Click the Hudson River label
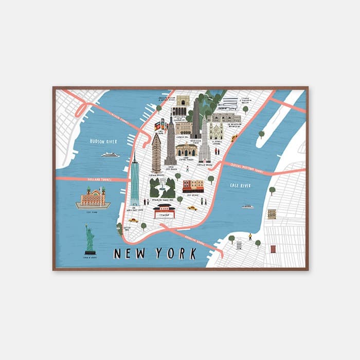(x=103, y=141)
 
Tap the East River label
(x=240, y=185)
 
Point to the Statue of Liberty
(x=90, y=239)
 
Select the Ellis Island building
(x=93, y=197)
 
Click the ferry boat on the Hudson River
(x=110, y=154)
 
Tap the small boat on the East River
(x=248, y=207)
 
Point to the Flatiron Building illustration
(x=156, y=153)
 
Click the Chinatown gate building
(x=164, y=211)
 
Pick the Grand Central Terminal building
(x=186, y=150)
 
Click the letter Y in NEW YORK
(x=162, y=254)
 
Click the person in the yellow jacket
(x=250, y=237)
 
